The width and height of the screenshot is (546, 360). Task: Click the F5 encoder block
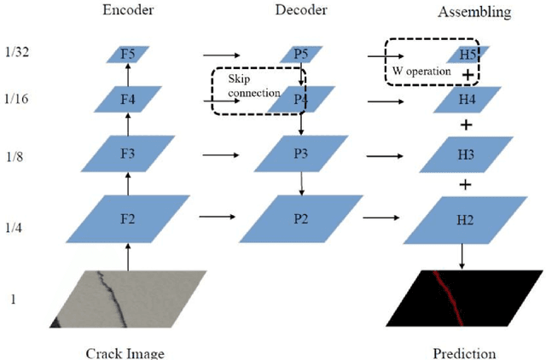point(128,55)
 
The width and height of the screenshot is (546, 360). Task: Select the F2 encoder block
point(128,218)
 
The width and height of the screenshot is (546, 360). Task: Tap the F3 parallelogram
point(128,155)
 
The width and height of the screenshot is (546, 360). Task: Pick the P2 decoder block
point(301,218)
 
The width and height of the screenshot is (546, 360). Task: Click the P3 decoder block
point(301,155)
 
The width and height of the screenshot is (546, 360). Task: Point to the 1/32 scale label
point(18,52)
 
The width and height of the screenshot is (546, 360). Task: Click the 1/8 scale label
point(15,156)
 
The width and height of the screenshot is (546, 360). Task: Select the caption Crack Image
point(125,351)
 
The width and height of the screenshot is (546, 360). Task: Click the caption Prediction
point(465,351)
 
